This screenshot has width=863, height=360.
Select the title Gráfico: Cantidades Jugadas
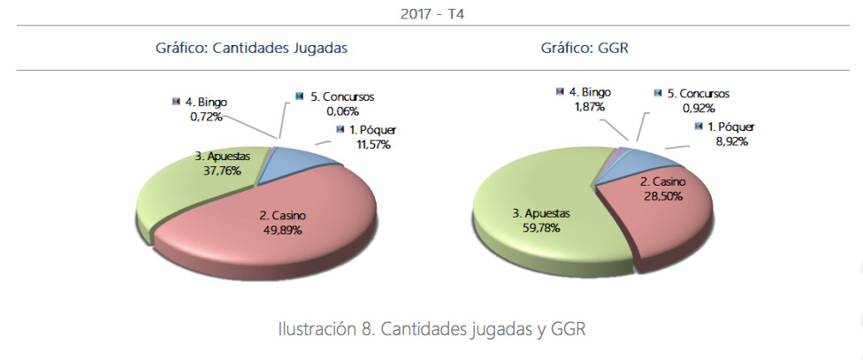pos(250,49)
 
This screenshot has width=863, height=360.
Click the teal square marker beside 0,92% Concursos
pos(659,93)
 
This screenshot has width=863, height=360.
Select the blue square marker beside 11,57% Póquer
pos(340,130)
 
